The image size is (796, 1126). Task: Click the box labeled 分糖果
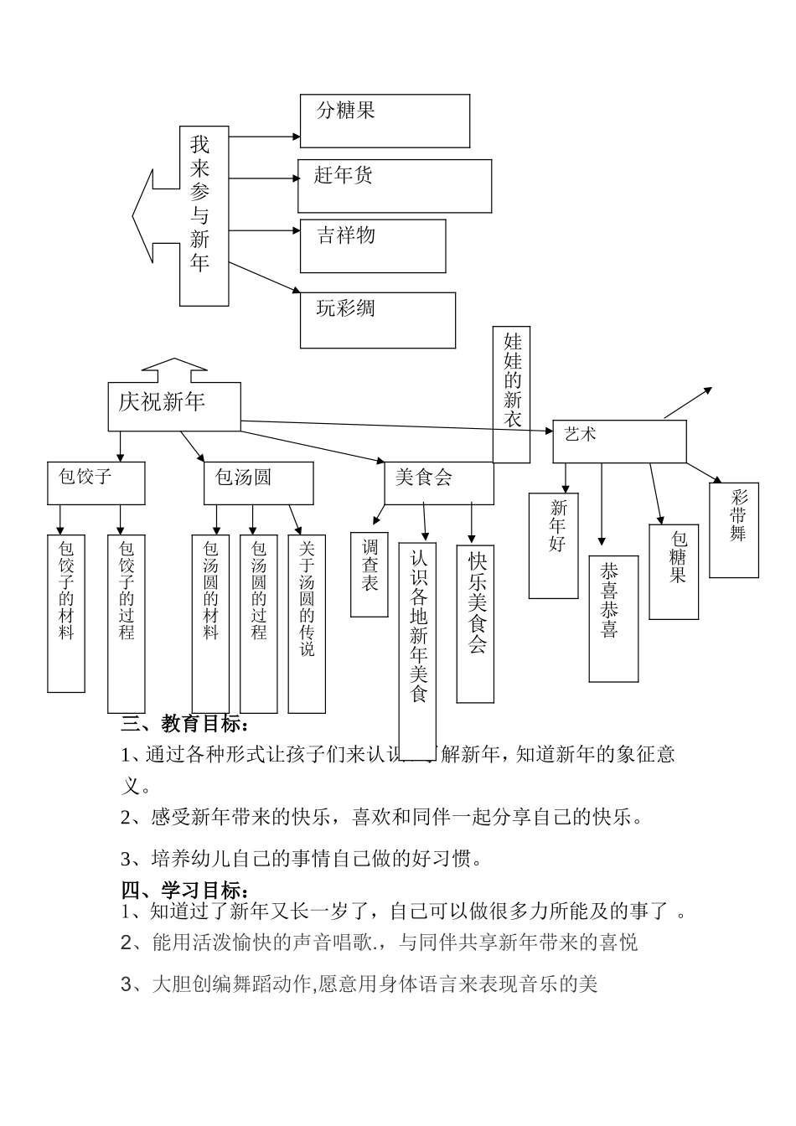(x=385, y=121)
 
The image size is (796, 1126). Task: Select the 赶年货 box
(x=394, y=186)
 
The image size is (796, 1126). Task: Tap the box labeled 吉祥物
(x=373, y=245)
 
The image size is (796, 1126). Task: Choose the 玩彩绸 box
(x=378, y=320)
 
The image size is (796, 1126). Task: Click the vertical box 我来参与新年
(x=204, y=216)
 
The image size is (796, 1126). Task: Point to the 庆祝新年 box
(x=174, y=406)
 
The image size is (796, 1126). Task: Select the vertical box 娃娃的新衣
(x=511, y=394)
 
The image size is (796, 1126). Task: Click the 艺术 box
(x=619, y=441)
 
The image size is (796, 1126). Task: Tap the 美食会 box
(x=438, y=483)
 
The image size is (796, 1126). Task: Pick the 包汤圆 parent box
(x=258, y=483)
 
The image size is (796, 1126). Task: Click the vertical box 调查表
(x=369, y=574)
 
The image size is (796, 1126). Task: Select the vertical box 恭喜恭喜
(x=613, y=618)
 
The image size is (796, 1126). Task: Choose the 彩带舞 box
(x=734, y=529)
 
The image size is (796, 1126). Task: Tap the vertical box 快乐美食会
(x=475, y=623)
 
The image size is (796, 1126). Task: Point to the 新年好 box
(x=553, y=545)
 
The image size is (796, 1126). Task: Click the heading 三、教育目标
(x=185, y=723)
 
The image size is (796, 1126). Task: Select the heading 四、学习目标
(x=185, y=890)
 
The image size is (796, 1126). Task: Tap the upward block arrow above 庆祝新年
(x=174, y=369)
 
